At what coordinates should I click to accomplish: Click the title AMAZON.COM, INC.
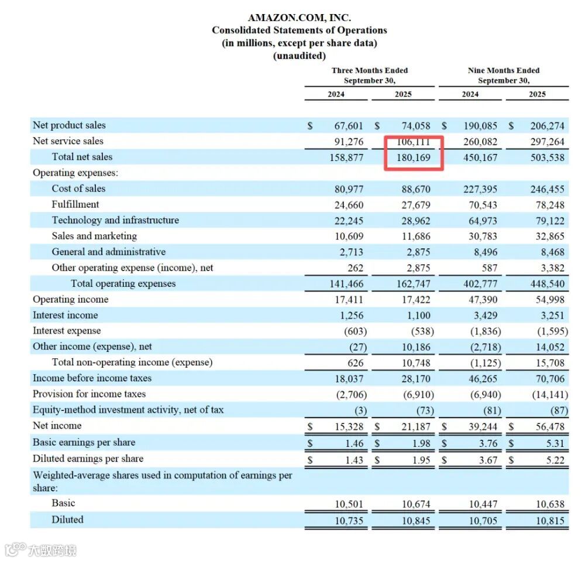[299, 18]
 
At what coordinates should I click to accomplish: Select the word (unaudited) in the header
[299, 56]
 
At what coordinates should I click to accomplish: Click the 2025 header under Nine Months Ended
[537, 94]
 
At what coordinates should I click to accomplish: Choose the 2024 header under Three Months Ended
[336, 94]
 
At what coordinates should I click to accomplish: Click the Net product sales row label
[69, 125]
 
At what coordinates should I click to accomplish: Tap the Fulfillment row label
[75, 204]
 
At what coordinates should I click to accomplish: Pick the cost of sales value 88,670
[415, 189]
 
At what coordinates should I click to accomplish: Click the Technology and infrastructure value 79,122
[548, 220]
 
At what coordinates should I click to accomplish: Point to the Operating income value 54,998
[548, 299]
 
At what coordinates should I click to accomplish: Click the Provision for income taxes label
[89, 394]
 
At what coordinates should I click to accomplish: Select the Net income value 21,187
[415, 426]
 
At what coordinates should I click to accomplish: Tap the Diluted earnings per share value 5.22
[555, 460]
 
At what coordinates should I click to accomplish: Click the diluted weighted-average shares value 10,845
[415, 520]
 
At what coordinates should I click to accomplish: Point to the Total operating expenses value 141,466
[347, 283]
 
